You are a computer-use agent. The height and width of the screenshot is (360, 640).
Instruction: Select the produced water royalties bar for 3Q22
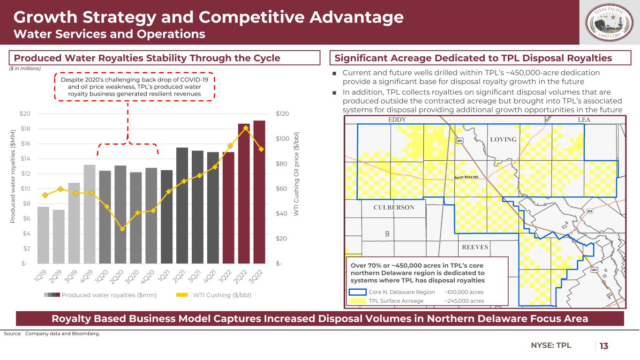coord(259,192)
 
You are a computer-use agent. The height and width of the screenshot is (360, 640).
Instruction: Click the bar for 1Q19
coord(43,235)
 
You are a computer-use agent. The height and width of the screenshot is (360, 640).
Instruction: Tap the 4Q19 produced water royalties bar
coord(90,214)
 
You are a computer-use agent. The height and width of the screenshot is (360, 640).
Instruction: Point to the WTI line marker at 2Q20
coord(122,229)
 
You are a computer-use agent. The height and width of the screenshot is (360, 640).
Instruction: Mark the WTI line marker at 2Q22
coord(246,128)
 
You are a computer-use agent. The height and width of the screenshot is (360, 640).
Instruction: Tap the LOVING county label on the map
coord(503,140)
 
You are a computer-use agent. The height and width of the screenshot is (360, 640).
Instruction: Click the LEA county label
coord(584,120)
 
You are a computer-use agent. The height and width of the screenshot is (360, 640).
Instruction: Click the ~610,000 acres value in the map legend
coord(464,292)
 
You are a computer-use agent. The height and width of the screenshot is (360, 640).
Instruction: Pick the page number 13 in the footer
coord(604,346)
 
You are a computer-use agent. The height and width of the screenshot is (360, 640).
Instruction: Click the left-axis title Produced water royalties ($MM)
coord(13,187)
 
